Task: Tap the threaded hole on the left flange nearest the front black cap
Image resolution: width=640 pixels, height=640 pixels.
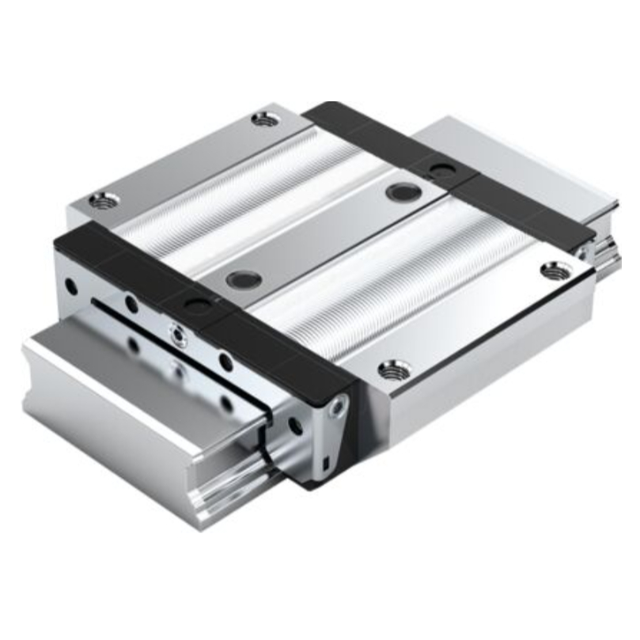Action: pyautogui.click(x=101, y=201)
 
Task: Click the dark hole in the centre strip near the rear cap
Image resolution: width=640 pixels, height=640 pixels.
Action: pyautogui.click(x=403, y=191)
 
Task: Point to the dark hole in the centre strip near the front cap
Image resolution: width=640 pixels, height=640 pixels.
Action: pyautogui.click(x=242, y=278)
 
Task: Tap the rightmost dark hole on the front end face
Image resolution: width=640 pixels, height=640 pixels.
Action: pyautogui.click(x=296, y=426)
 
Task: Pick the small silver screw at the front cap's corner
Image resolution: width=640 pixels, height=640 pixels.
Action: pyautogui.click(x=339, y=408)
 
